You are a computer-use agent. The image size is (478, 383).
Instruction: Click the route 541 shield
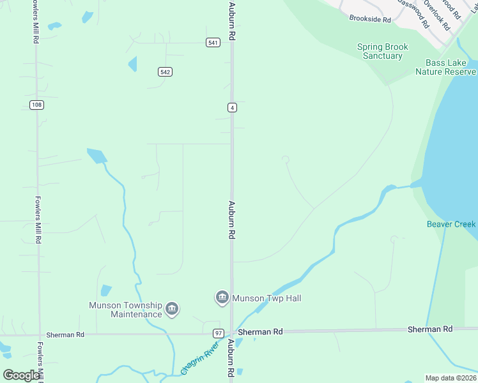pyautogui.click(x=213, y=43)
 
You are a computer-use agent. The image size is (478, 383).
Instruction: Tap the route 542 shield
pyautogui.click(x=165, y=71)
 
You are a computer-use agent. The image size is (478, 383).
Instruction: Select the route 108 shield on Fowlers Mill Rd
pyautogui.click(x=36, y=105)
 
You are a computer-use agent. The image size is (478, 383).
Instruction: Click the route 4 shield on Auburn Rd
pyautogui.click(x=233, y=107)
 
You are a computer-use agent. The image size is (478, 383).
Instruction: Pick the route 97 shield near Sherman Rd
pyautogui.click(x=219, y=333)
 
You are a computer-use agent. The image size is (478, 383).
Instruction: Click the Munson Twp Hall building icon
pyautogui.click(x=222, y=297)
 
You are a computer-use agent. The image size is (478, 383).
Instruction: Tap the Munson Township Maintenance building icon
pyautogui.click(x=171, y=310)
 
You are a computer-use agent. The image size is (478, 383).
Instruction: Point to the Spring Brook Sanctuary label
pyautogui.click(x=383, y=51)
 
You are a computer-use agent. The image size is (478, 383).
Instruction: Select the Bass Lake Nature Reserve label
pyautogui.click(x=445, y=67)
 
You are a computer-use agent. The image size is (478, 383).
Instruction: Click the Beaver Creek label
pyautogui.click(x=451, y=224)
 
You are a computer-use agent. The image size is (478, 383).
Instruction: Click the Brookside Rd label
pyautogui.click(x=370, y=19)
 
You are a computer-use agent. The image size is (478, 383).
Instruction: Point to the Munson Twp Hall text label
pyautogui.click(x=266, y=298)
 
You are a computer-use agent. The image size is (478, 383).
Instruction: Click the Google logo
pyautogui.click(x=21, y=375)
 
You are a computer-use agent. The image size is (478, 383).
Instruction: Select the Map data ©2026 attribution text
pyautogui.click(x=451, y=377)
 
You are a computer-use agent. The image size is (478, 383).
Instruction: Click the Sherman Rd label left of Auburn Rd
pyautogui.click(x=65, y=334)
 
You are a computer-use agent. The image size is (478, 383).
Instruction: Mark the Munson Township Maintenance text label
pyautogui.click(x=127, y=310)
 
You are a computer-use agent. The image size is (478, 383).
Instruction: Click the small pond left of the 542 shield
pyautogui.click(x=132, y=64)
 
